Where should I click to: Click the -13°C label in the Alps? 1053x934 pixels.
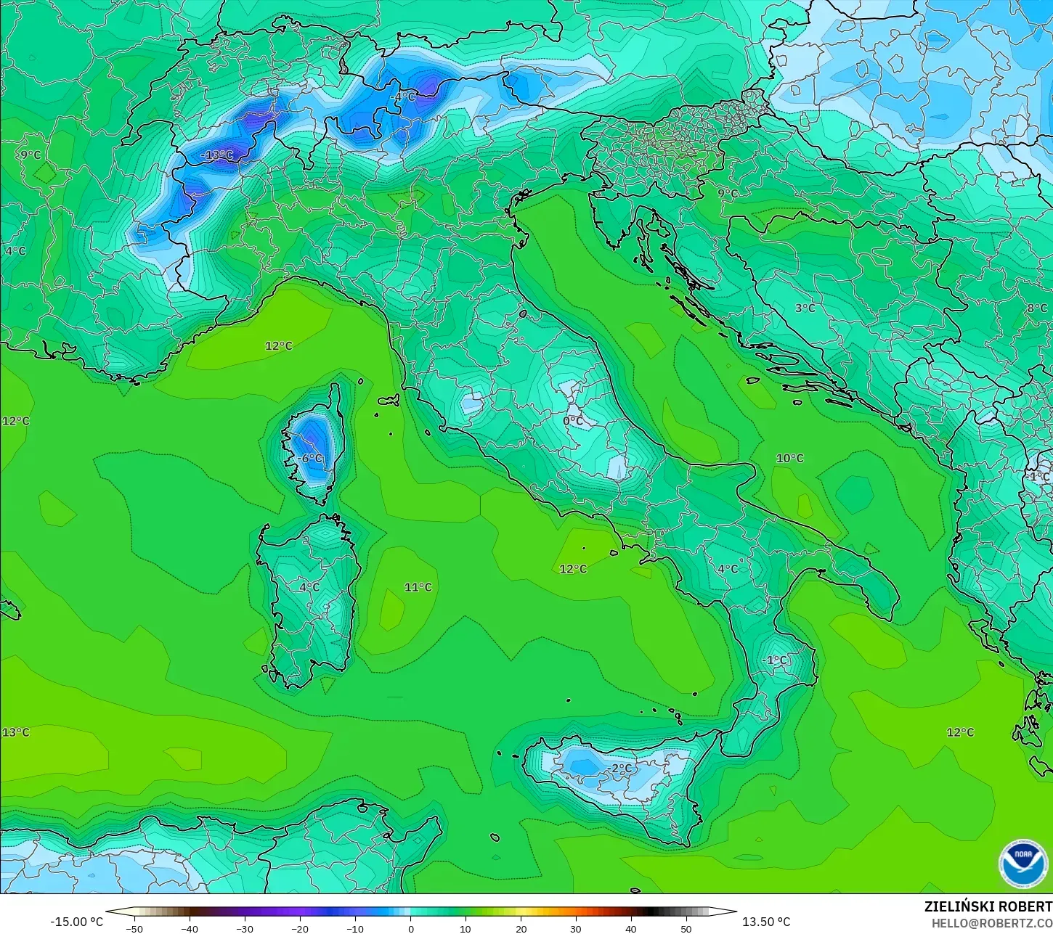(217, 155)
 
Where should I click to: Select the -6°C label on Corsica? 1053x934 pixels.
(310, 459)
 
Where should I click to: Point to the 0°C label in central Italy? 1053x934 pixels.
(573, 421)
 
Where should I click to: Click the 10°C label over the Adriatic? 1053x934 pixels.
(790, 459)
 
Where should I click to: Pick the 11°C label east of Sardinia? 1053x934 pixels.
(418, 587)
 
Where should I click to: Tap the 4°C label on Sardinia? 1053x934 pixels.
(310, 587)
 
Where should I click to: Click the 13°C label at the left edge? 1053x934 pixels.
(16, 732)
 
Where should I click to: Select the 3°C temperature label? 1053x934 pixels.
(805, 308)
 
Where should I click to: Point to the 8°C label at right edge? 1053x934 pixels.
(1037, 308)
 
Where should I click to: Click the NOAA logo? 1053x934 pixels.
(1023, 864)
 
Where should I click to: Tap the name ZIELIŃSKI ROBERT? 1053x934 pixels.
(988, 906)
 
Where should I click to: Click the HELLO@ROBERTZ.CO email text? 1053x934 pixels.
(992, 923)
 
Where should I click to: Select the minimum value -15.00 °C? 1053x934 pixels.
(77, 922)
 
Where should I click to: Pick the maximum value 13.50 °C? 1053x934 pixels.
(766, 922)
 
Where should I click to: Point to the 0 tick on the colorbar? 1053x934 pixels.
(410, 928)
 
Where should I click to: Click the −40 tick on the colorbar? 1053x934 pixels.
(190, 928)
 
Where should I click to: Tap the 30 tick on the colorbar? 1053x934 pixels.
(576, 928)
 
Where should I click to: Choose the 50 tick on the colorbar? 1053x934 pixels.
(686, 928)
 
